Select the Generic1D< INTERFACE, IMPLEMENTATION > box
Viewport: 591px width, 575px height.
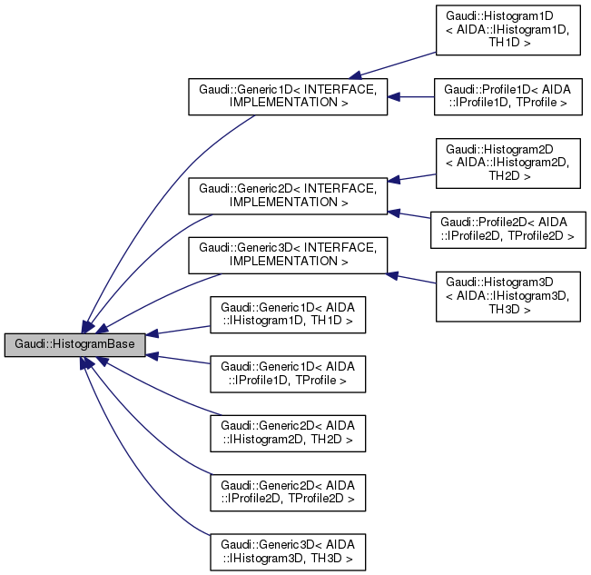click(x=288, y=96)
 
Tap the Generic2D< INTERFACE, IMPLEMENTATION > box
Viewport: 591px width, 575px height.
click(x=288, y=195)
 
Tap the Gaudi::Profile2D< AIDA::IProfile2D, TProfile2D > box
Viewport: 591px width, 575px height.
click(x=507, y=228)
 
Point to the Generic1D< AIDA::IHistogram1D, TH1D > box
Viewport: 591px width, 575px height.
click(x=288, y=314)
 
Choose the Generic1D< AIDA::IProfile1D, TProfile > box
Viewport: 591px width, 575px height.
click(x=288, y=373)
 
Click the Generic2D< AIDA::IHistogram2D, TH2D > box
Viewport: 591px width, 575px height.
click(x=288, y=432)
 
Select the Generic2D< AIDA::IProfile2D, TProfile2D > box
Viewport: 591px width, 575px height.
click(x=288, y=491)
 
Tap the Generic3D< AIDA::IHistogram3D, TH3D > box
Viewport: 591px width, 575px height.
click(x=288, y=550)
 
